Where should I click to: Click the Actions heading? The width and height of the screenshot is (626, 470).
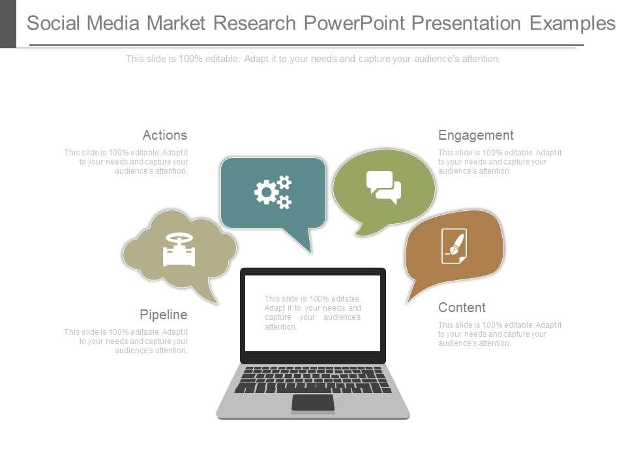pos(164,135)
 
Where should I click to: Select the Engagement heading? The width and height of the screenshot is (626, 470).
pos(475,135)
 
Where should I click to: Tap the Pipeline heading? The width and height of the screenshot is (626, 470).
pos(163,315)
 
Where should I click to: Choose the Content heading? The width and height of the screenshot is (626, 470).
pos(462,307)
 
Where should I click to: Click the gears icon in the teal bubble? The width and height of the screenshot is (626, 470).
pos(273,192)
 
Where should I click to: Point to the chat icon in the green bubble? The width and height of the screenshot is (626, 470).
pos(383,187)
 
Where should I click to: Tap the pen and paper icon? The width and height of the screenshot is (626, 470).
pos(454,246)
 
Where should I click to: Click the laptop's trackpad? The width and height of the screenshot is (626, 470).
pos(313,403)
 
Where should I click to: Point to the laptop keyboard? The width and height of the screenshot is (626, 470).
pos(313,379)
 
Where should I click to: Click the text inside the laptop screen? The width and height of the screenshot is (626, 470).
pos(312,313)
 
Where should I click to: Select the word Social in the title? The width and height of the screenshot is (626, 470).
pos(57,23)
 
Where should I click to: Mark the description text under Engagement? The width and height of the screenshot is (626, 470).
pos(499,162)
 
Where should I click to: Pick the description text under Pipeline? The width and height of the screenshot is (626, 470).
pos(127,341)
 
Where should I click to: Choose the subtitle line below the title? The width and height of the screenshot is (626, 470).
pos(313,59)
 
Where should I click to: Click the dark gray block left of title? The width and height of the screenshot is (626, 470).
pos(8,23)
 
